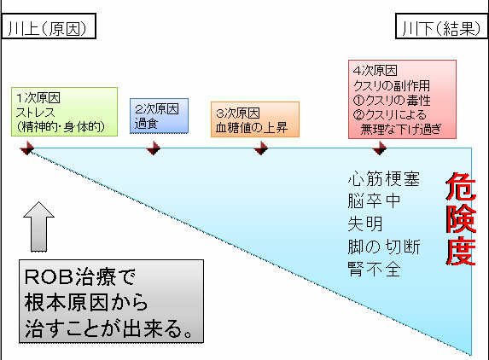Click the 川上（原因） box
click(49, 26)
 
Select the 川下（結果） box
click(441, 26)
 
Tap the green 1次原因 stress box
click(64, 112)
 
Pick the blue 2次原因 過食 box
click(159, 116)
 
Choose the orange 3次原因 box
click(255, 119)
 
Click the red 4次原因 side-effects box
click(402, 100)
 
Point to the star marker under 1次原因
click(27, 148)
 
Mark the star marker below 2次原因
click(154, 148)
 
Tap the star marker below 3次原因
click(261, 148)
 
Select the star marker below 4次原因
click(380, 148)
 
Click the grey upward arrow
click(38, 227)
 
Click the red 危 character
click(461, 186)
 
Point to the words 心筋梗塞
click(384, 178)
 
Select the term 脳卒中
click(374, 200)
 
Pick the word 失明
click(365, 224)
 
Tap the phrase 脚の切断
click(384, 247)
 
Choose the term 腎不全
click(374, 270)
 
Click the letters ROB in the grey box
click(49, 276)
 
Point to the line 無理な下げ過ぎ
click(401, 129)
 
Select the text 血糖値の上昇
click(252, 127)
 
